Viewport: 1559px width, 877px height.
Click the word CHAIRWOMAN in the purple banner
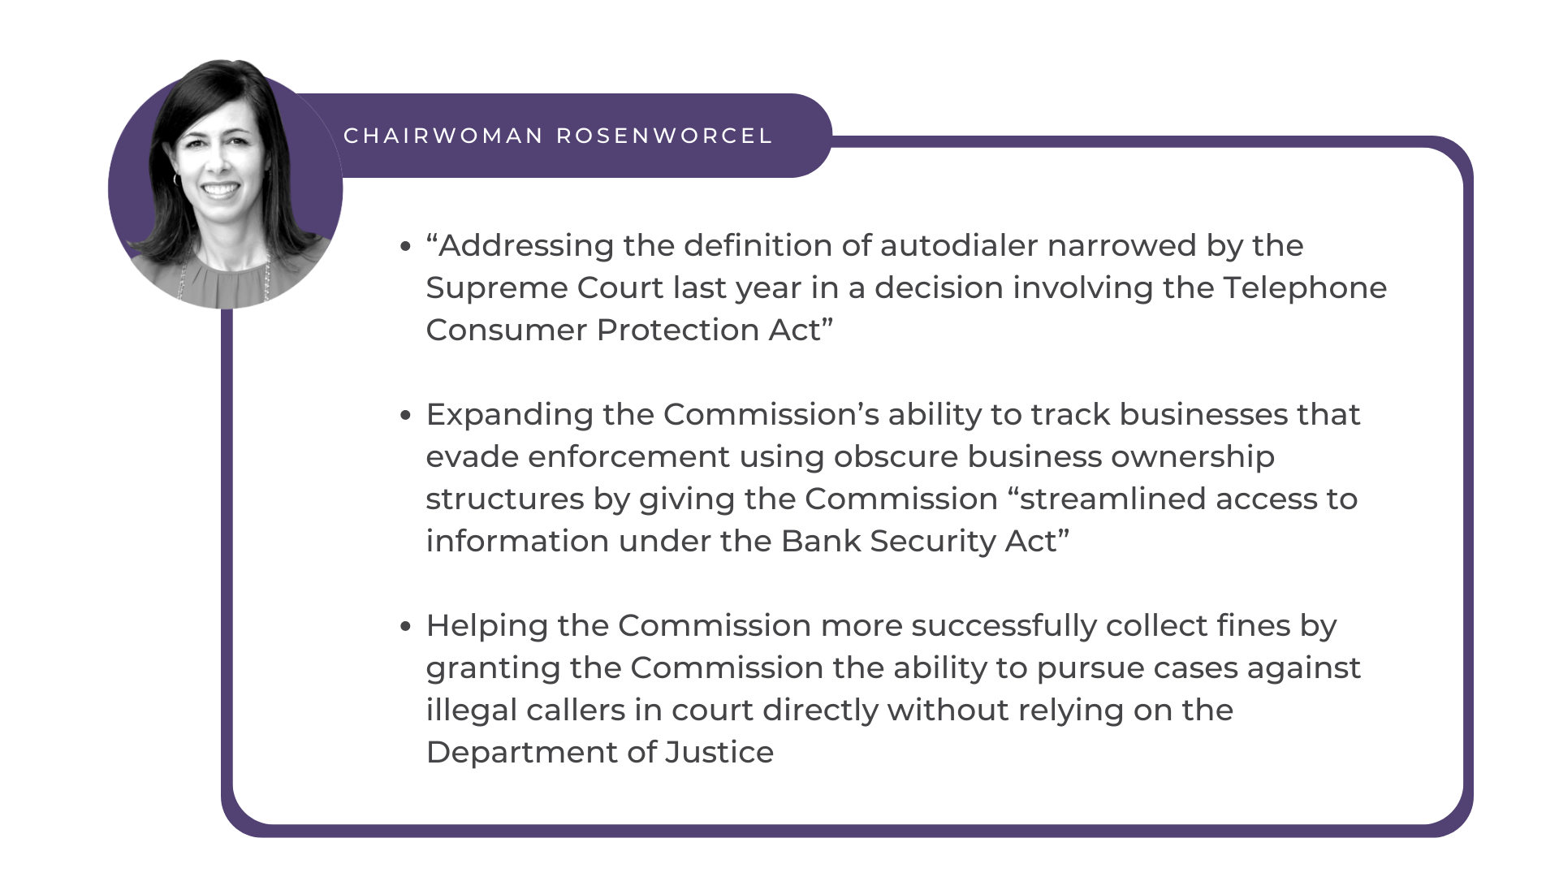point(443,136)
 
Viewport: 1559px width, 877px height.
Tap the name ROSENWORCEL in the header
point(664,136)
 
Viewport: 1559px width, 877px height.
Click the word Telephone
point(1305,288)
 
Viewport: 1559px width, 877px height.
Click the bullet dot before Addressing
point(406,247)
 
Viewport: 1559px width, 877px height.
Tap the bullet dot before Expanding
point(406,416)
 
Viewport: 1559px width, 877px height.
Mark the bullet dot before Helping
point(406,627)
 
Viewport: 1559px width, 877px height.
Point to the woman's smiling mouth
point(222,190)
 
